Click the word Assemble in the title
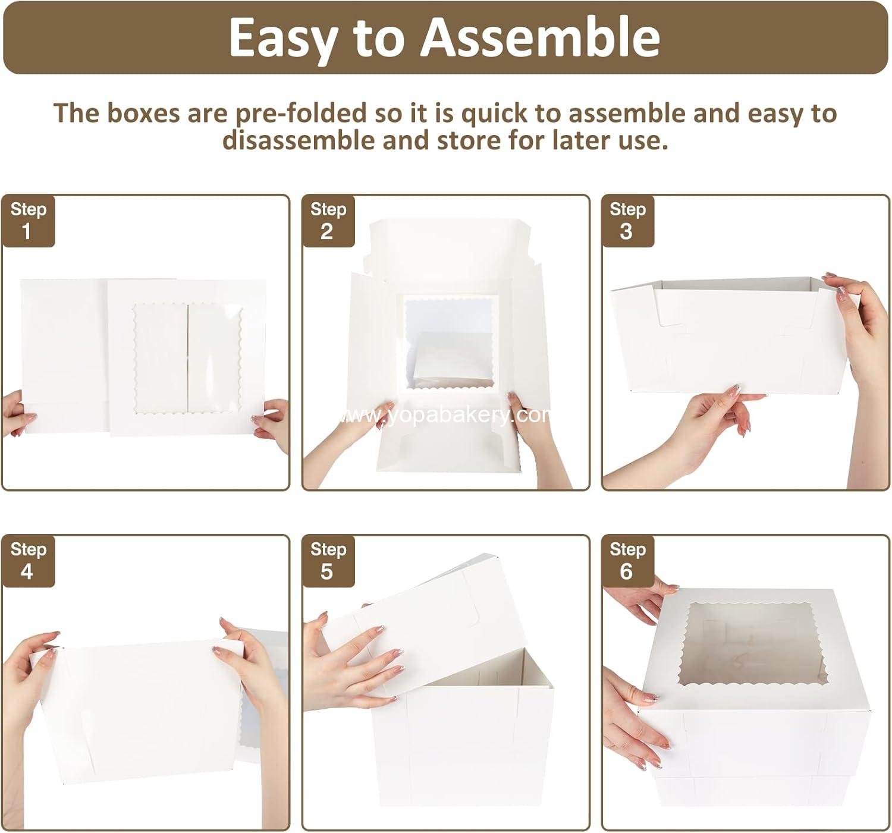click(x=539, y=37)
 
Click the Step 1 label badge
click(x=29, y=221)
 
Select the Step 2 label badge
click(x=328, y=221)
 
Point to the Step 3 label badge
click(x=628, y=221)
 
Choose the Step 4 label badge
click(x=29, y=561)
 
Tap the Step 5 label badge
click(x=328, y=561)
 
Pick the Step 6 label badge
click(x=628, y=561)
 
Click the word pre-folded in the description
click(x=301, y=114)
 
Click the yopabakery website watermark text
click(x=445, y=416)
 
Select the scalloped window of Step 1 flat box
click(x=188, y=359)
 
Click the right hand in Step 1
click(x=272, y=424)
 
